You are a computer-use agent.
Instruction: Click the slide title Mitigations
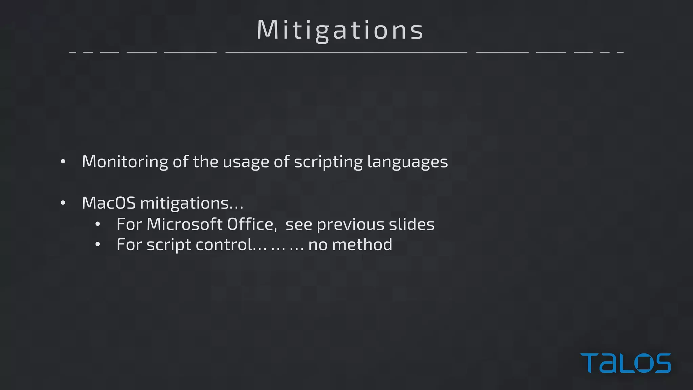point(340,30)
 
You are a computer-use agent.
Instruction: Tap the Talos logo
point(625,363)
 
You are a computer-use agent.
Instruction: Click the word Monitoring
point(125,162)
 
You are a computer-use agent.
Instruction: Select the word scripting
point(328,162)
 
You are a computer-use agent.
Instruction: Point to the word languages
point(407,162)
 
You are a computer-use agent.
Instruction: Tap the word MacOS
point(109,203)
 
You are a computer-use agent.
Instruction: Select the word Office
point(252,224)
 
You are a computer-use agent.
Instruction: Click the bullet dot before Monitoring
point(63,162)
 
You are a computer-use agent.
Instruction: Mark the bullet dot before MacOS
point(63,203)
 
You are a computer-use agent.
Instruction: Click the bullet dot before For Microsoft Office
point(98,224)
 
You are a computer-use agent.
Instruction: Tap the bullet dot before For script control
point(98,244)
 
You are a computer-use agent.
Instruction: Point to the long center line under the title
point(346,52)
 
